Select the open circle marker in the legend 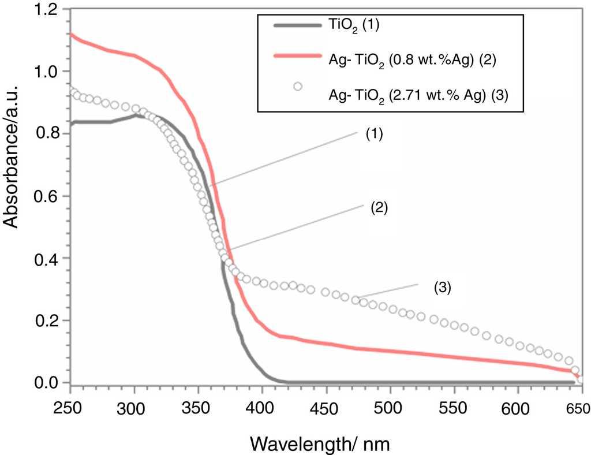tap(298, 87)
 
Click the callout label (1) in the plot tap(375, 135)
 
